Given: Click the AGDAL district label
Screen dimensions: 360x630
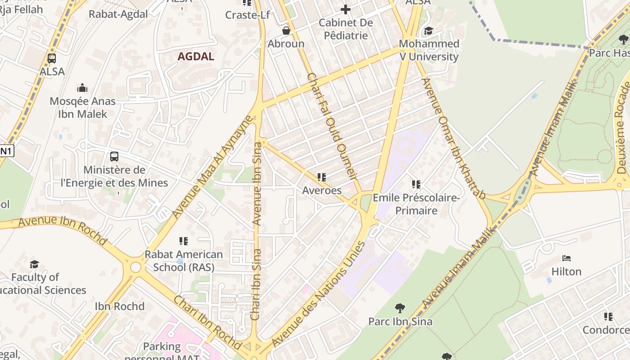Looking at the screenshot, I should (x=196, y=57).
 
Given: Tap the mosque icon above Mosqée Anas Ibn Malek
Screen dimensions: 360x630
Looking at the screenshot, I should (x=82, y=87).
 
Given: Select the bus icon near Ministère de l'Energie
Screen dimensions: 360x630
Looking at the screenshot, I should (x=114, y=157).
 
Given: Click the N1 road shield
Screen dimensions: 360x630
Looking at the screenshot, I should (x=5, y=151).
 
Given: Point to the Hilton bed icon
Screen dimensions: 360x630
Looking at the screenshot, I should (x=567, y=258).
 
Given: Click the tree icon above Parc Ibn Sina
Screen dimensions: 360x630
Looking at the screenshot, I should (x=400, y=308).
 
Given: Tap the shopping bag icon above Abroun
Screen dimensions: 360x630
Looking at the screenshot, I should (x=286, y=31).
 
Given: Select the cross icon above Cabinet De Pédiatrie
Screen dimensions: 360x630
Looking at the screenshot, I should (x=345, y=9).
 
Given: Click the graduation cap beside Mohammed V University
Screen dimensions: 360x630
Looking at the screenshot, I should (x=428, y=31).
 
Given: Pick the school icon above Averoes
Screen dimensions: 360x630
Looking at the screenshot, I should (x=321, y=177).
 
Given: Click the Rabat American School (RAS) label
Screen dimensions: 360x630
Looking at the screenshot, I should (x=184, y=261).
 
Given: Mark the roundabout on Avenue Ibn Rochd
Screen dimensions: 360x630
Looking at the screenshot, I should (x=135, y=267).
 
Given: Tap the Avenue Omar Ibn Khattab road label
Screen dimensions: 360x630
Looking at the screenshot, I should (x=454, y=138).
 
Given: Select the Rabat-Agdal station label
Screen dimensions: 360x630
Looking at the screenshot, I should (x=118, y=14).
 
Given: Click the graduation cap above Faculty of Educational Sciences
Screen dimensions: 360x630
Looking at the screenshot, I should (x=34, y=264).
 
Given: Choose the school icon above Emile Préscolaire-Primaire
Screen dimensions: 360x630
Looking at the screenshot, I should (x=416, y=184).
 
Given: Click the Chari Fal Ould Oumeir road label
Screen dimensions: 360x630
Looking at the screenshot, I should (x=332, y=127).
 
